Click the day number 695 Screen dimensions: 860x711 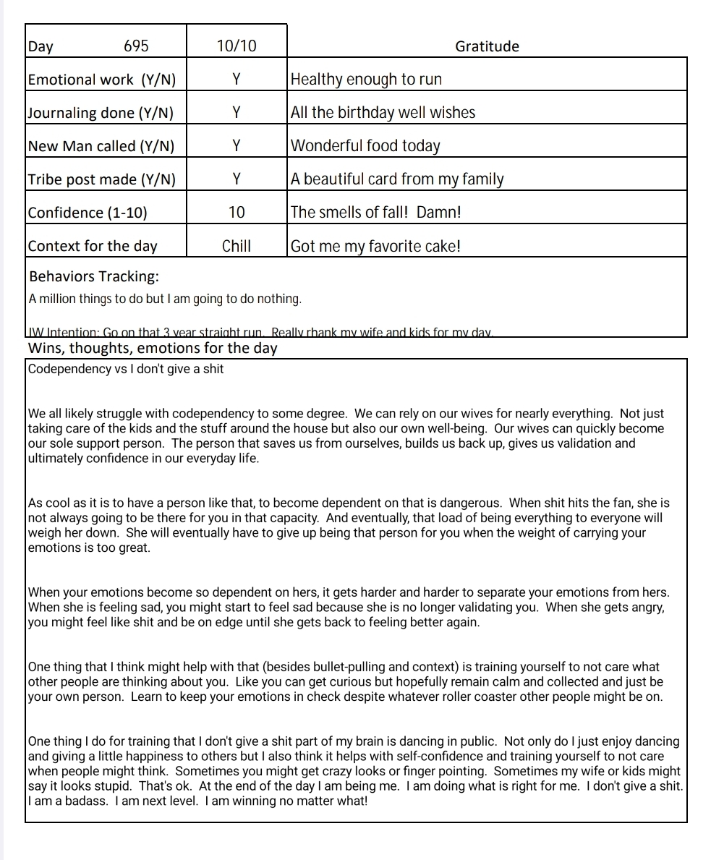pyautogui.click(x=136, y=46)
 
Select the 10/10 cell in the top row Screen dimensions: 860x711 pyautogui.click(x=237, y=46)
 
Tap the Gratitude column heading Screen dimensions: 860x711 pyautogui.click(x=487, y=46)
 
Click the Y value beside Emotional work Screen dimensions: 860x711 pyautogui.click(x=237, y=80)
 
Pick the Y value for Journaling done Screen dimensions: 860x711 pyautogui.click(x=237, y=113)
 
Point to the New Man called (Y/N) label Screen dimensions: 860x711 pyautogui.click(x=101, y=146)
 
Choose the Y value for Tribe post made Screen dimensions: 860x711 pyautogui.click(x=237, y=179)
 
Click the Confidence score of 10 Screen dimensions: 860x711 pyautogui.click(x=237, y=213)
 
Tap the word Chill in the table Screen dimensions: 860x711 pyautogui.click(x=237, y=246)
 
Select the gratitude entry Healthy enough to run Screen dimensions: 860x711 pyautogui.click(x=366, y=80)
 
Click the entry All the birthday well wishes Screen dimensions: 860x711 pyautogui.click(x=383, y=113)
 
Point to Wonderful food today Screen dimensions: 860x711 pyautogui.click(x=365, y=146)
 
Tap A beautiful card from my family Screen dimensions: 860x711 pyautogui.click(x=397, y=179)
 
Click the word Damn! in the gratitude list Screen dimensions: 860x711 pyautogui.click(x=439, y=213)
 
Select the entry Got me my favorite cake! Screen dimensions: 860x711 pyautogui.click(x=375, y=246)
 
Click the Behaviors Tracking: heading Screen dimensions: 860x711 pyautogui.click(x=94, y=276)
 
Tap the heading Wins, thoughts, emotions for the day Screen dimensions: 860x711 pyautogui.click(x=153, y=349)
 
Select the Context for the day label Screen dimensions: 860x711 pyautogui.click(x=93, y=246)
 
